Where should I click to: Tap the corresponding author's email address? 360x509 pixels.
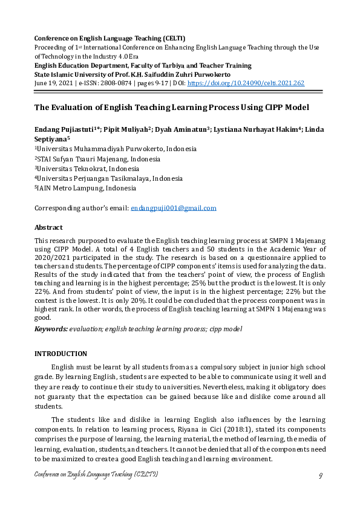pos(174,208)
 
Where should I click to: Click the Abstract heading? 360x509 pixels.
pos(48,227)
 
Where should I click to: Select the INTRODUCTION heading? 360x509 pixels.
pos(61,354)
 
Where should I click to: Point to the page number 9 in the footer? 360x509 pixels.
pos(320,476)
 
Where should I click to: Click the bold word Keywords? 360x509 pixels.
pos(51,329)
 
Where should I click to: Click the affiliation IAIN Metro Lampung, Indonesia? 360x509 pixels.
pos(81,189)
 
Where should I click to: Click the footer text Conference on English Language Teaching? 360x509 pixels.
pos(96,476)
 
